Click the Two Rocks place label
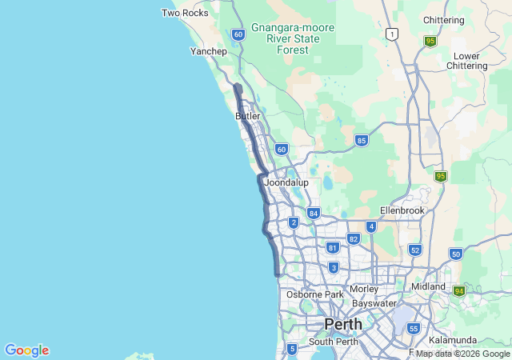pos(186,13)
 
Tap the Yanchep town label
pos(209,51)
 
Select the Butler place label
pos(248,116)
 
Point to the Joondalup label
pos(286,182)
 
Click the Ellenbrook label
pos(402,210)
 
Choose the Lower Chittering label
pos(466,62)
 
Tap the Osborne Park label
pos(314,294)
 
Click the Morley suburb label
pos(364,289)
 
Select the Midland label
pos(428,286)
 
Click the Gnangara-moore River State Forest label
pos(293,38)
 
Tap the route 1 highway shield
pos(391,34)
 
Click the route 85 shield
pos(362,141)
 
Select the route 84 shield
pos(313,214)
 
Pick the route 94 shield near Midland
pos(458,291)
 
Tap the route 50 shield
pos(455,254)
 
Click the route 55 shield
pos(414,328)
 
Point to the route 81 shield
pos(333,248)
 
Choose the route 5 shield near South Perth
pos(292,348)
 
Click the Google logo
pos(26,350)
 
